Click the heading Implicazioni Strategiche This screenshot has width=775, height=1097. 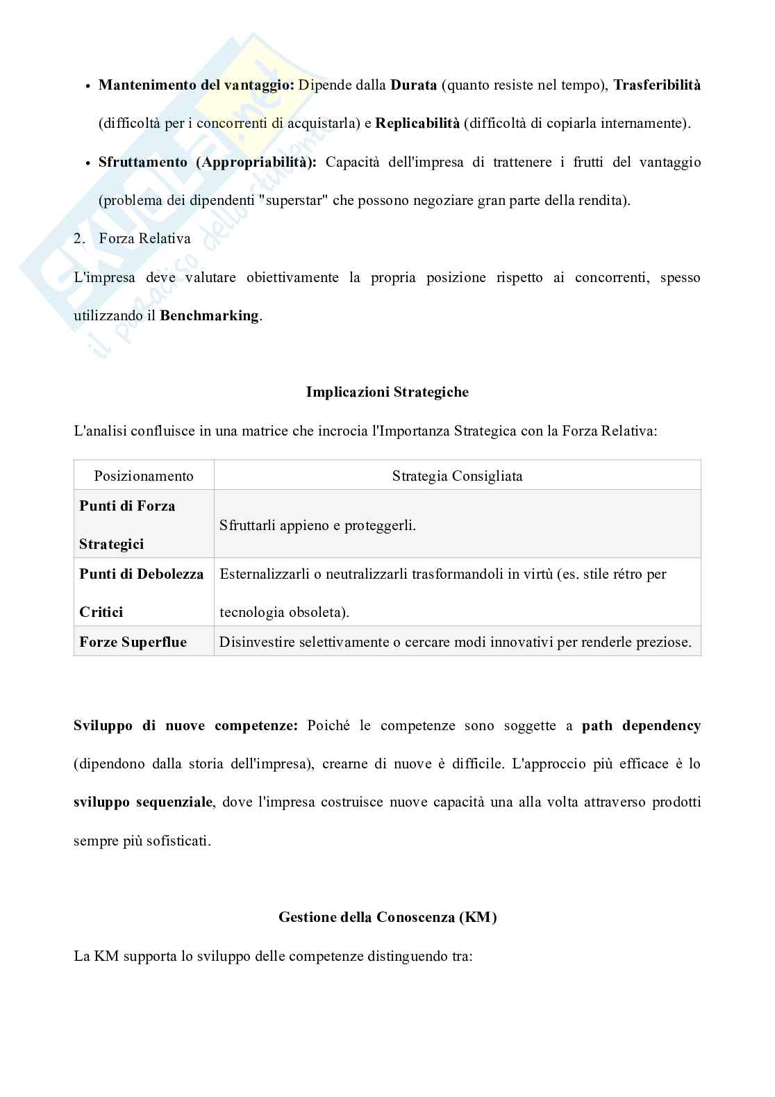pyautogui.click(x=387, y=392)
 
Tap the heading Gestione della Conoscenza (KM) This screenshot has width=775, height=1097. pyautogui.click(x=387, y=917)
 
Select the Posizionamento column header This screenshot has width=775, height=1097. pyautogui.click(x=144, y=476)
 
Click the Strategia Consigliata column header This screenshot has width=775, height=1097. pyautogui.click(x=457, y=476)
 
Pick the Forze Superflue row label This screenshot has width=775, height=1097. pyautogui.click(x=133, y=642)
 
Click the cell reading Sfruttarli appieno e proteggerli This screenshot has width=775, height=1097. pyautogui.click(x=317, y=525)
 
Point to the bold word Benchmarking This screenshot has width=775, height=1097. pyautogui.click(x=209, y=315)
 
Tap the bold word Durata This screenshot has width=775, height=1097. pyautogui.click(x=414, y=85)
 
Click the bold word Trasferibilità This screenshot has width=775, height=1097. pyautogui.click(x=657, y=85)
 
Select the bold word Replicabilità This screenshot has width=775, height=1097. pyautogui.click(x=417, y=124)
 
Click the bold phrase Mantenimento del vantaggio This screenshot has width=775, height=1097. pyautogui.click(x=197, y=85)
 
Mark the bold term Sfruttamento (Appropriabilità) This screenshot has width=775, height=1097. pyautogui.click(x=207, y=162)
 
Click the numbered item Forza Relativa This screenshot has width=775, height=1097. pyautogui.click(x=144, y=238)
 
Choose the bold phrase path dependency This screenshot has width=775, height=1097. pyautogui.click(x=641, y=726)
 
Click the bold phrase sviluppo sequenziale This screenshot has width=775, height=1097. pyautogui.click(x=143, y=802)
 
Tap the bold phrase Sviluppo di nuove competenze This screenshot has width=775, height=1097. pyautogui.click(x=185, y=726)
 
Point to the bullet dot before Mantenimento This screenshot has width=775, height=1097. pyautogui.click(x=87, y=86)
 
